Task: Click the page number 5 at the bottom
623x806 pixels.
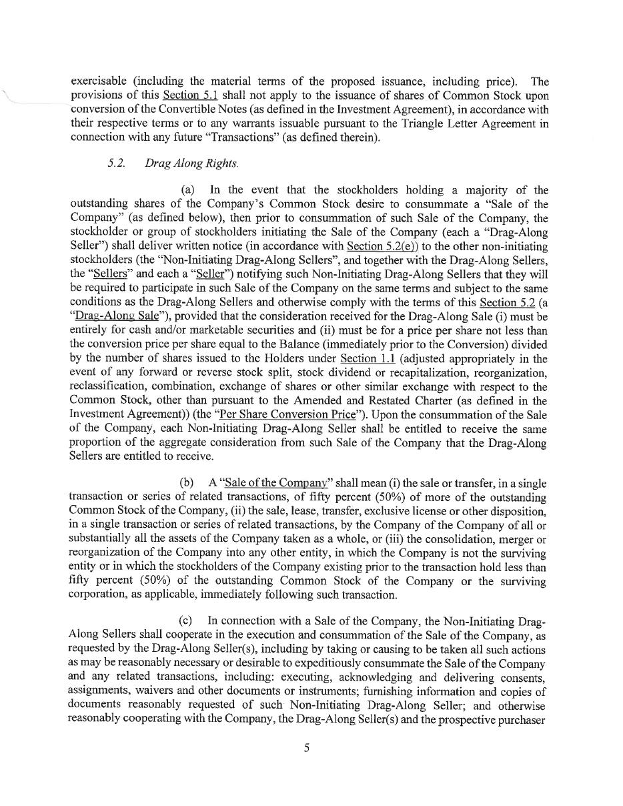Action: [307, 748]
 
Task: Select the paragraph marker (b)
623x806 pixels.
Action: [187, 482]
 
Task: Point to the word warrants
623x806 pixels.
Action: [275, 123]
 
